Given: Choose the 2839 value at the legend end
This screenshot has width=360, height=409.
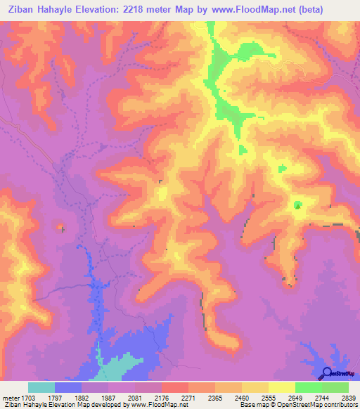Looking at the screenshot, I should [x=348, y=396].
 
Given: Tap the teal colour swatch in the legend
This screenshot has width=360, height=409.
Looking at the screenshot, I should [x=41, y=387].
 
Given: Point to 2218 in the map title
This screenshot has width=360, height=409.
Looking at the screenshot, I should [x=153, y=9].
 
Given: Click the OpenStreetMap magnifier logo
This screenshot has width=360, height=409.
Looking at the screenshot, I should [x=327, y=372].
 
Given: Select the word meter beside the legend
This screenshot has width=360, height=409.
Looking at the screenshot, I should [x=11, y=396].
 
